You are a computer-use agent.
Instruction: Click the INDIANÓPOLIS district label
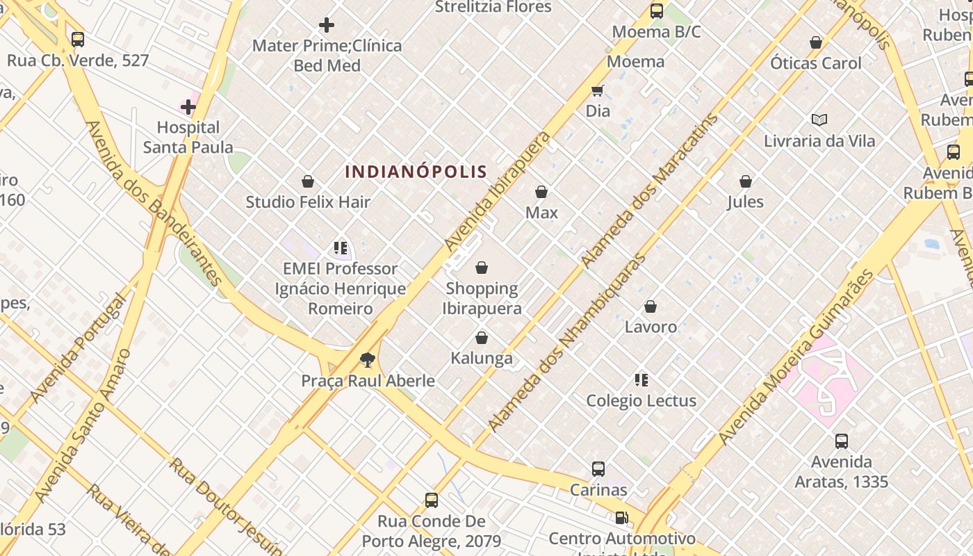pyautogui.click(x=416, y=171)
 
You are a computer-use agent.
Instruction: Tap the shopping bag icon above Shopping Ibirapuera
pyautogui.click(x=482, y=268)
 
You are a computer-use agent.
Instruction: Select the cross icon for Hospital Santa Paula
pyautogui.click(x=188, y=107)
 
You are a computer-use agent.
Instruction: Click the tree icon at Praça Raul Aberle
pyautogui.click(x=367, y=359)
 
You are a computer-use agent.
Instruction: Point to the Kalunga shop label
pyautogui.click(x=482, y=358)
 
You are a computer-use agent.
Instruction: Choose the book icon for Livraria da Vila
pyautogui.click(x=819, y=120)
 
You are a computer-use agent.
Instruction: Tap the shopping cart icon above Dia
pyautogui.click(x=597, y=90)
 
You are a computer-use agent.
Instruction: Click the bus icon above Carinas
pyautogui.click(x=598, y=469)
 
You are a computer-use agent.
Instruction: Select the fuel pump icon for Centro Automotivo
pyautogui.click(x=621, y=518)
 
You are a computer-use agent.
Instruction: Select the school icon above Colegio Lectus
pyautogui.click(x=641, y=379)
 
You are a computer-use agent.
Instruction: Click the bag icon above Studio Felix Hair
pyautogui.click(x=308, y=181)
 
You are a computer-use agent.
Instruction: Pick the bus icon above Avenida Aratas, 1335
pyautogui.click(x=841, y=441)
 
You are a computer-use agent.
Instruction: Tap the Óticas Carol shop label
pyautogui.click(x=815, y=63)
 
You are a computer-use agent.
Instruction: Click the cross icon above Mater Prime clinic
pyautogui.click(x=326, y=26)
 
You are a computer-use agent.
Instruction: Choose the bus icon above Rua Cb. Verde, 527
pyautogui.click(x=78, y=40)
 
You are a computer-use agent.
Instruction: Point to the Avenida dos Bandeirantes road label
pyautogui.click(x=154, y=203)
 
